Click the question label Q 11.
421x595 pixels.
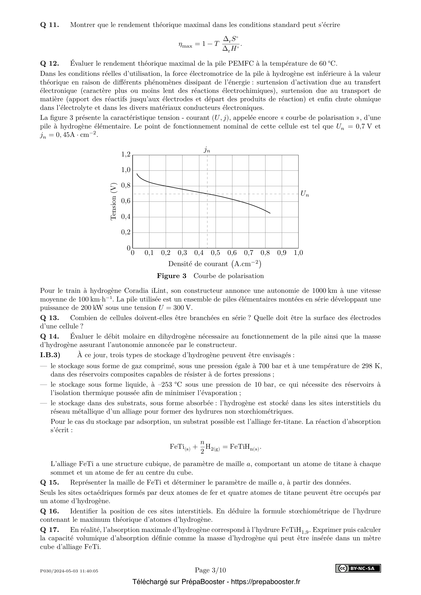[50, 25]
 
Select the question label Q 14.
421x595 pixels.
[50, 337]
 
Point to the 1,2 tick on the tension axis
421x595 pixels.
[126, 155]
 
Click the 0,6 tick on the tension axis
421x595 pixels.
[126, 201]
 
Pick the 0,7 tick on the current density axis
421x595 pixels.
[249, 253]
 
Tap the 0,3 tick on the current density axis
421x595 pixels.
[182, 253]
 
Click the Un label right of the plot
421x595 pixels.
[305, 194]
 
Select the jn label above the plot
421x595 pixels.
[207, 150]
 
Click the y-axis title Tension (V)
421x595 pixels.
[114, 201]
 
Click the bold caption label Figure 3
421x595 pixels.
[172, 276]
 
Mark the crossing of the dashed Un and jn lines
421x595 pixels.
[207, 194]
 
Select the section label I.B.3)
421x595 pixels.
[50, 355]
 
